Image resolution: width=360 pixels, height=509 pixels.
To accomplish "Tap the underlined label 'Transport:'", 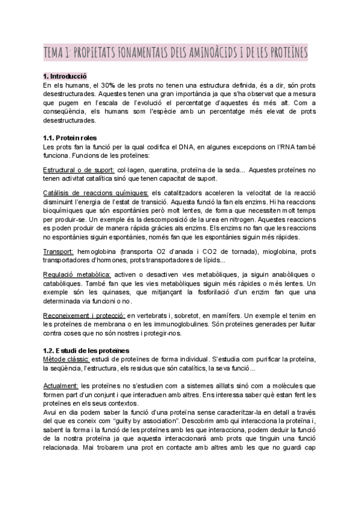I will [59, 251].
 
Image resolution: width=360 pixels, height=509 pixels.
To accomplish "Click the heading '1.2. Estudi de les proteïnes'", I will [86, 350].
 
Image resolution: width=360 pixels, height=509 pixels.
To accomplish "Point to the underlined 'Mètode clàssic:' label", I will [67, 358].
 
